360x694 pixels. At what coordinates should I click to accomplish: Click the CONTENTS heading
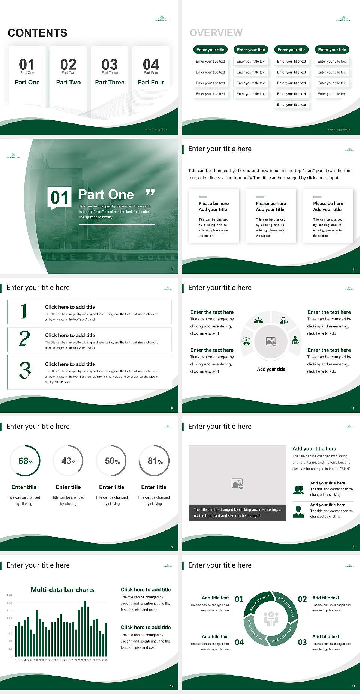pos(37,33)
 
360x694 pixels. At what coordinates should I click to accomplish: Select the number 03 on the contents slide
pos(109,65)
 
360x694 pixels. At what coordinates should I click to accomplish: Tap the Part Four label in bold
pos(151,82)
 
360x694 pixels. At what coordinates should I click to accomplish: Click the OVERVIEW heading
pos(216,33)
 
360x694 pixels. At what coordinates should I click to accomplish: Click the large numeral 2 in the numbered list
pos(24,339)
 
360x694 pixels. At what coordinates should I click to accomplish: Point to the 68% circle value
pos(26,461)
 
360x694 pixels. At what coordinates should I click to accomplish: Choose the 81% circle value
pos(155,461)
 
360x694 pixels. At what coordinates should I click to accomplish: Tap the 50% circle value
pos(112,461)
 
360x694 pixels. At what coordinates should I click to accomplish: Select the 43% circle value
pos(69,461)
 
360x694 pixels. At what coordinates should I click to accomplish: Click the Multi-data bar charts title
pos(63,590)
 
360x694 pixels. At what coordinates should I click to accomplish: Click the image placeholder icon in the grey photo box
pos(238,484)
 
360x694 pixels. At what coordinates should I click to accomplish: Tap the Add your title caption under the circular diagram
pos(271,369)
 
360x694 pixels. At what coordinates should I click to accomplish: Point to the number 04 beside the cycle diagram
pos(239,642)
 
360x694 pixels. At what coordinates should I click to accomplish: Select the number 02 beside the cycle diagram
pos(302,599)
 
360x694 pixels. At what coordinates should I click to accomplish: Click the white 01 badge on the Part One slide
pos(60,197)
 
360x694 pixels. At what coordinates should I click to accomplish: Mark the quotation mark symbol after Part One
pos(150,193)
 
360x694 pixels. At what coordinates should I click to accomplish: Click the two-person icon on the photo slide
pos(298,490)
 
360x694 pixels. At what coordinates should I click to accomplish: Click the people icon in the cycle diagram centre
pos(271,619)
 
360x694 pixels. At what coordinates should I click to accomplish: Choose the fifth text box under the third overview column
pos(291,105)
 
